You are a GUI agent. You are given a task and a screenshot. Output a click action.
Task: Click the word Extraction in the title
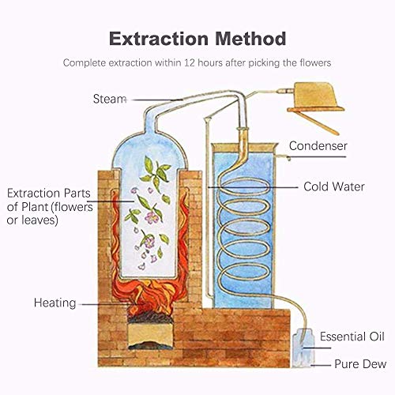(x=159, y=39)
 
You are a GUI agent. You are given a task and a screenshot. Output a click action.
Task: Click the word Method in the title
(x=250, y=39)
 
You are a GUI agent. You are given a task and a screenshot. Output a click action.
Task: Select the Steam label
(x=109, y=99)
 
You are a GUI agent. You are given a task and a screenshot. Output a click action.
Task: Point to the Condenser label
(x=318, y=145)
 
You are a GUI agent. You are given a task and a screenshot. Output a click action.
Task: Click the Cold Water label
(x=334, y=186)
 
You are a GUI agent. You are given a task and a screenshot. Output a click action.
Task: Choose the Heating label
(x=55, y=303)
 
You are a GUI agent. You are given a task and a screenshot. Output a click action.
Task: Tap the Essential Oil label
(x=352, y=337)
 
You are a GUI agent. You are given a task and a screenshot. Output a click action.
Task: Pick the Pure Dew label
(x=360, y=364)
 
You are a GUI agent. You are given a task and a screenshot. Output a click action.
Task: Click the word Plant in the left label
(x=35, y=207)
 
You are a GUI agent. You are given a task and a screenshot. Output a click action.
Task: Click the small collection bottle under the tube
(x=304, y=348)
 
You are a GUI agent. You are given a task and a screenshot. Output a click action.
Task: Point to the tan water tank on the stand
(x=315, y=97)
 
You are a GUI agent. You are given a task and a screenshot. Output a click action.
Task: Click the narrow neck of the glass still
(x=151, y=122)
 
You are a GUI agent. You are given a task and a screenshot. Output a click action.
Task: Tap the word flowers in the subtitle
(x=315, y=62)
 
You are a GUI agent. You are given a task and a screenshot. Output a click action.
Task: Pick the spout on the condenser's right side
(x=282, y=157)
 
